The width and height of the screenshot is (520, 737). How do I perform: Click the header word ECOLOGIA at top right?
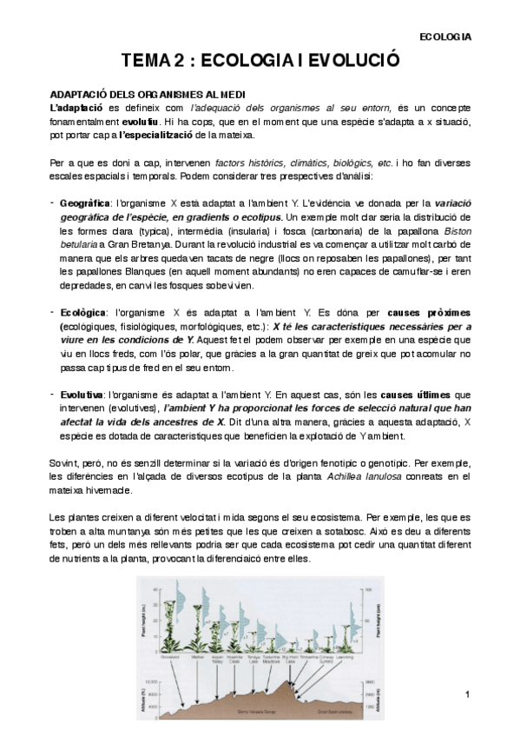point(444,37)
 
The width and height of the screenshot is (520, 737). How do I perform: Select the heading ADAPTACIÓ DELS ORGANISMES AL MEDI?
point(147,94)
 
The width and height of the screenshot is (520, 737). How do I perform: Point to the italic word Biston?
point(457,230)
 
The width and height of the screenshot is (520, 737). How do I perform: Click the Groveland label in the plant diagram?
point(170,658)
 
